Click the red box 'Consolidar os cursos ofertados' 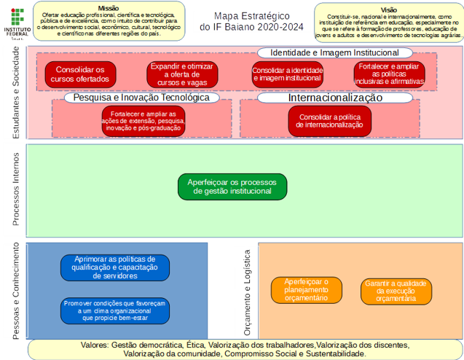coord(75,74)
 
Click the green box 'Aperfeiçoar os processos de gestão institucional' coord(232,187)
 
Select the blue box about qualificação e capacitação coord(115,267)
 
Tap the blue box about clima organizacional coord(115,310)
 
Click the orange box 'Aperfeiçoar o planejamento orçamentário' coord(306,290)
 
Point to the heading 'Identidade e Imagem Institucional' coord(334,53)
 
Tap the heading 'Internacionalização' coord(335,97)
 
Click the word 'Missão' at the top coord(108,7)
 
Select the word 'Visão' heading coord(388,10)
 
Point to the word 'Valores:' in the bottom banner coord(94,345)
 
